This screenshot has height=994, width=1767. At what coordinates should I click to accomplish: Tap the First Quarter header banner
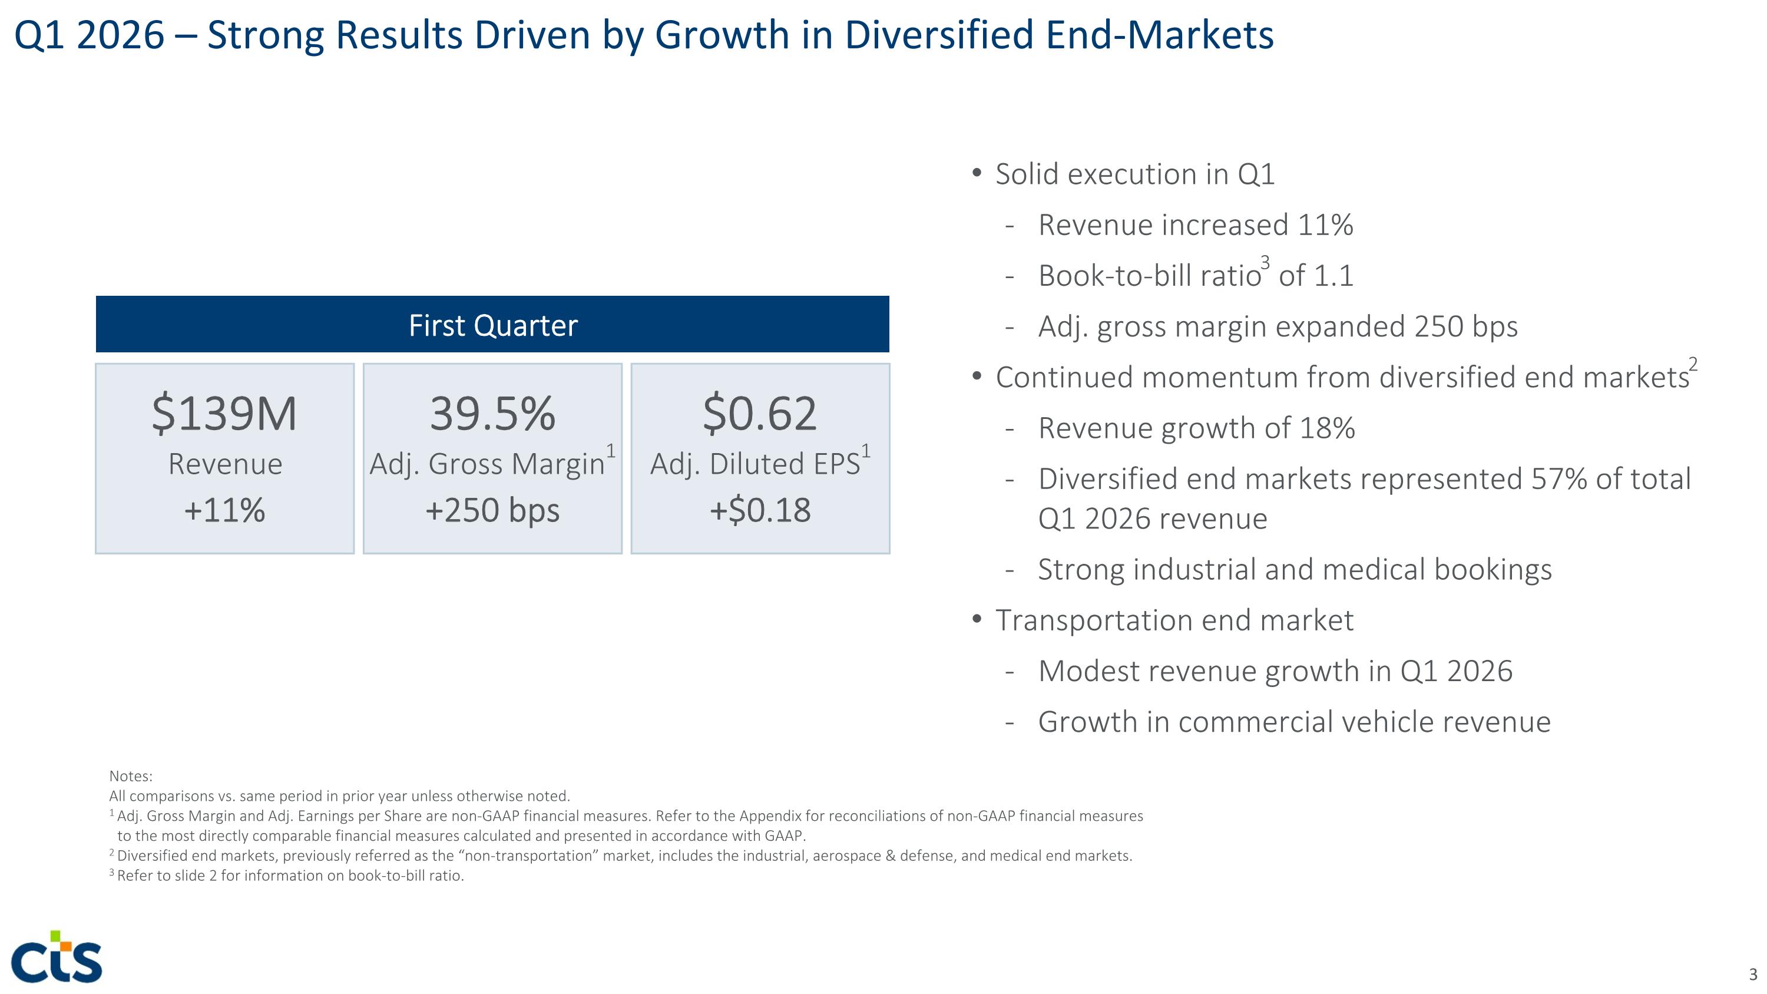pos(492,325)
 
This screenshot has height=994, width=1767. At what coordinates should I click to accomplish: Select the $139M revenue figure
pos(224,414)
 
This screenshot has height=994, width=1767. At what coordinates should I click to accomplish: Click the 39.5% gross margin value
pos(492,414)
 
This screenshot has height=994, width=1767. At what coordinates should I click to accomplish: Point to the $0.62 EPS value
pos(760,414)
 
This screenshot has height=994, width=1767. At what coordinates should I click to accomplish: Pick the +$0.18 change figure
pos(760,510)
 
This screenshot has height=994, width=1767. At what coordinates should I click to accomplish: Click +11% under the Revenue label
pos(224,510)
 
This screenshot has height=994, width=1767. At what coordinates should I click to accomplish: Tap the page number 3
pos(1753,974)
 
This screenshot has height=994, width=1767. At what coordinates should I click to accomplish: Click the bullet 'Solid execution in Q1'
pos(1134,174)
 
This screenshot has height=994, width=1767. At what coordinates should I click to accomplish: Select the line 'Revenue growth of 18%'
pos(1196,428)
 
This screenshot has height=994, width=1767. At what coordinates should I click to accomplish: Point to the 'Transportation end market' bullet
pos(1174,620)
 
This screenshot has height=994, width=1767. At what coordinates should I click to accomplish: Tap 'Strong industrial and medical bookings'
pos(1295,569)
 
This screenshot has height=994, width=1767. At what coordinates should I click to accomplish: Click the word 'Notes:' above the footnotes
pos(131,776)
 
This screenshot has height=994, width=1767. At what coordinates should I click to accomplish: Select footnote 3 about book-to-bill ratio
pos(287,876)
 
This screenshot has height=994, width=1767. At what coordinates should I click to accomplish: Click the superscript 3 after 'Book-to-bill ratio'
pos(1266,262)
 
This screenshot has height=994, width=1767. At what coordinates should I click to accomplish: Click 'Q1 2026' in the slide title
pos(89,35)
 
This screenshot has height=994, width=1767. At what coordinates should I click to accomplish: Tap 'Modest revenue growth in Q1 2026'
pos(1275,671)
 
